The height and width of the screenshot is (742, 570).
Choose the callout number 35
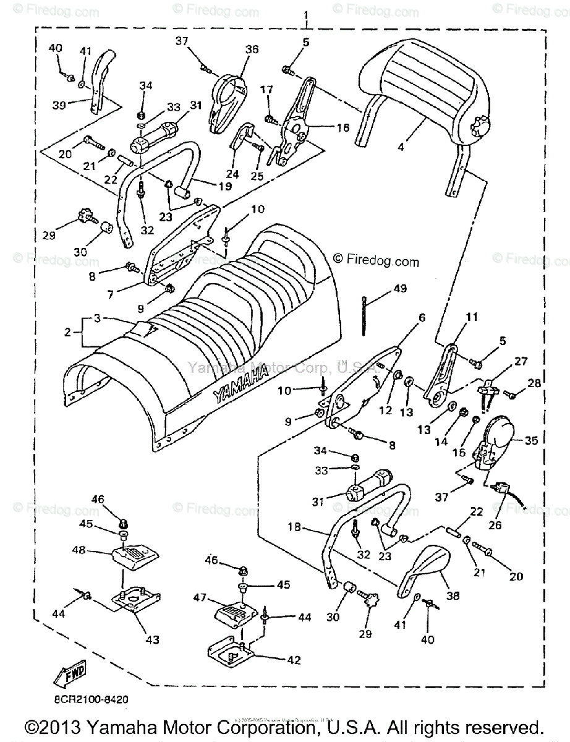tap(531, 441)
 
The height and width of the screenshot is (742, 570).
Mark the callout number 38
tap(454, 596)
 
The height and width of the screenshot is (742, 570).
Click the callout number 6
tap(422, 317)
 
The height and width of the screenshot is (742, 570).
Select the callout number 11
tap(472, 317)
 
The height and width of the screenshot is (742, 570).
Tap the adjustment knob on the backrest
tap(480, 130)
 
